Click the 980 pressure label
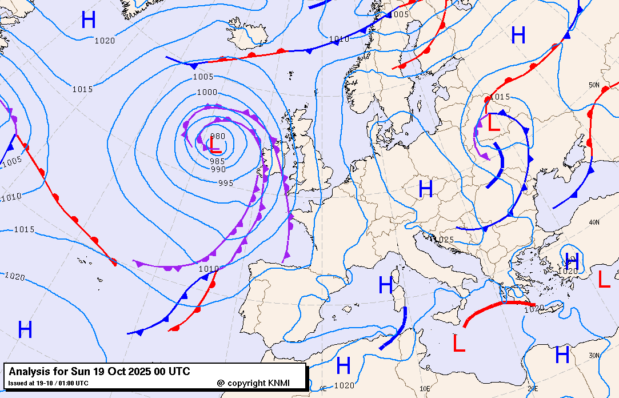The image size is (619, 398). (218, 137)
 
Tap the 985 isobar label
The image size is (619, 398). (218, 161)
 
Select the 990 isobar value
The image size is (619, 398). (218, 169)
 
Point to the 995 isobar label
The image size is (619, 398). (226, 183)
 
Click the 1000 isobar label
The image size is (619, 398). (207, 92)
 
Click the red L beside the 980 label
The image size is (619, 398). (214, 146)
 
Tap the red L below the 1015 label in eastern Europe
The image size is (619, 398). (493, 122)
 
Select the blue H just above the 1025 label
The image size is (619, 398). (426, 189)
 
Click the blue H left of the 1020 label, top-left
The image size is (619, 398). (89, 21)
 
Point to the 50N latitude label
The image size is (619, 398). (594, 85)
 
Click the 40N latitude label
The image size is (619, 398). (594, 222)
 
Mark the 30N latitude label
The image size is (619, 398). (594, 356)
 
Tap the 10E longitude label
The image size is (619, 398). (425, 388)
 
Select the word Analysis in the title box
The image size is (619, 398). (29, 372)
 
